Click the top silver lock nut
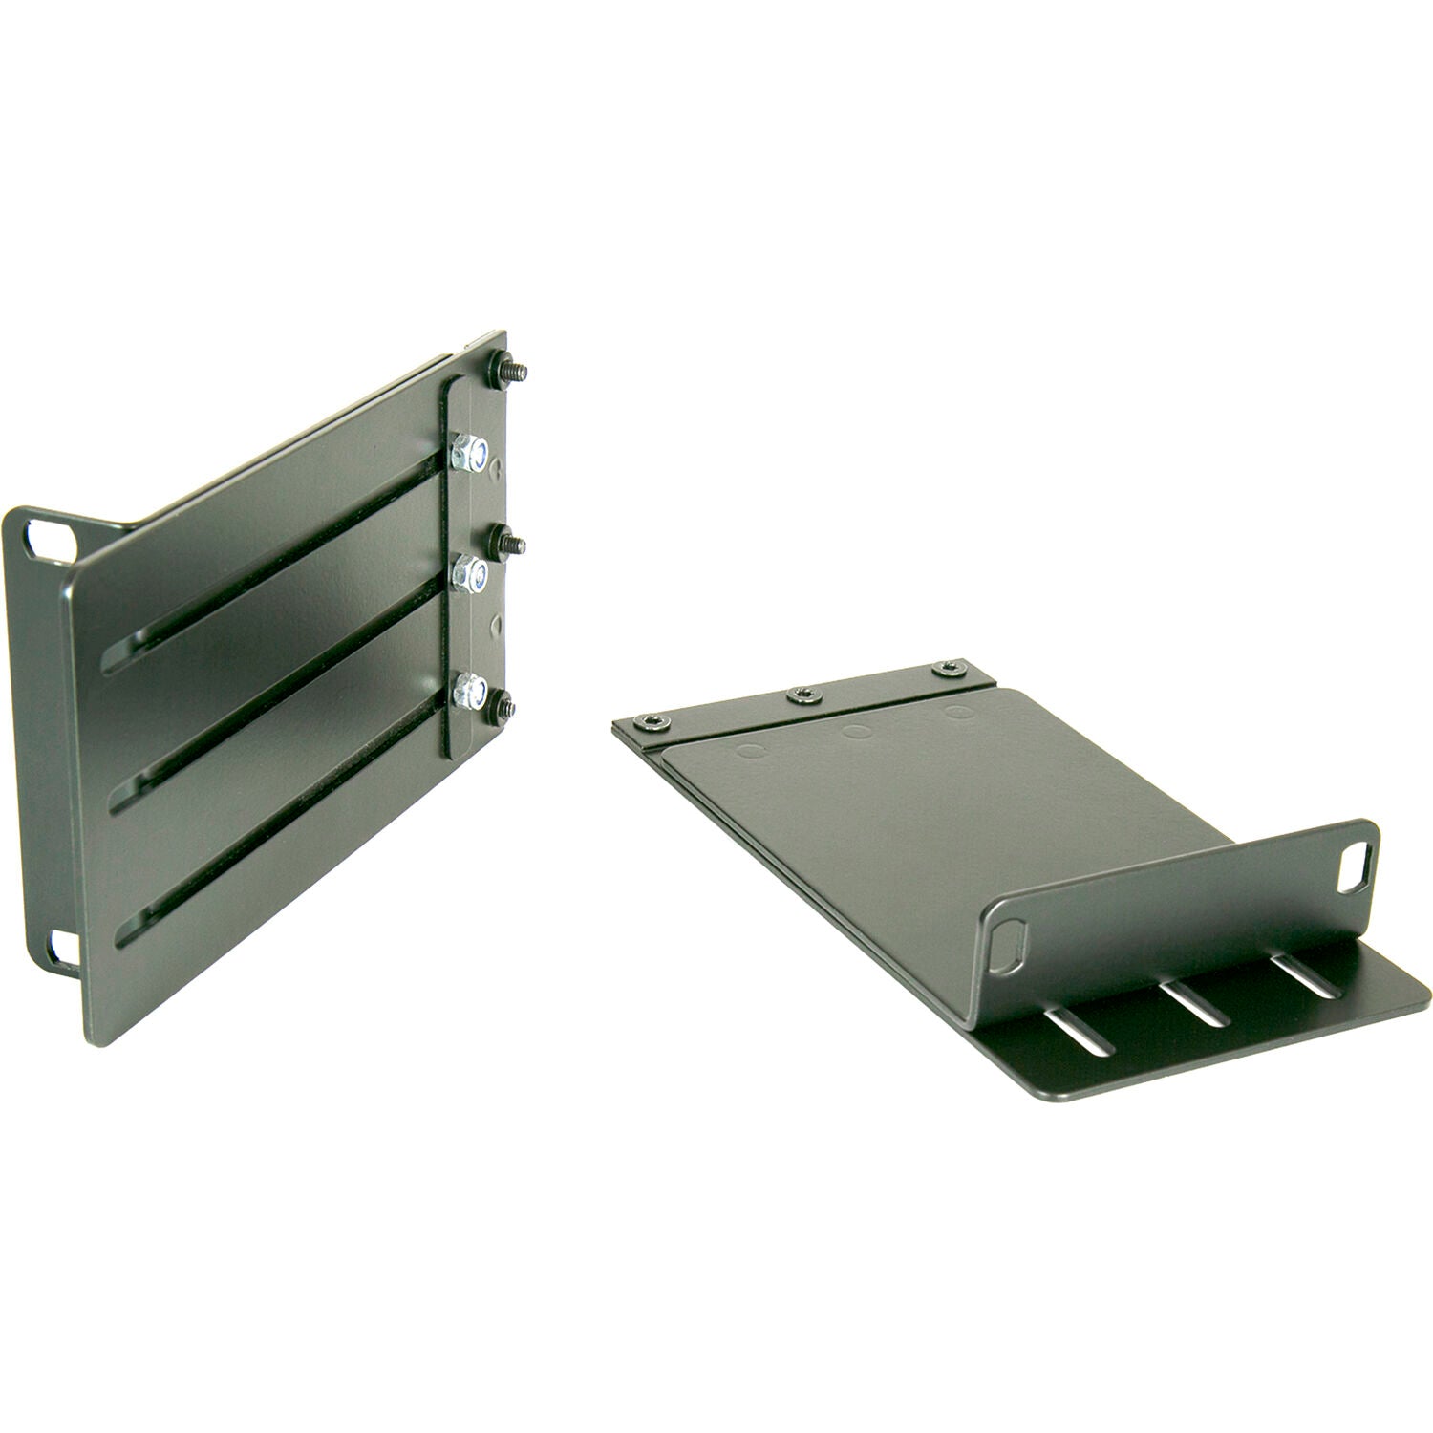click(470, 452)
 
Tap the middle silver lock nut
click(468, 575)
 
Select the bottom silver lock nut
click(468, 691)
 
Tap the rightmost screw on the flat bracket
click(948, 667)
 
